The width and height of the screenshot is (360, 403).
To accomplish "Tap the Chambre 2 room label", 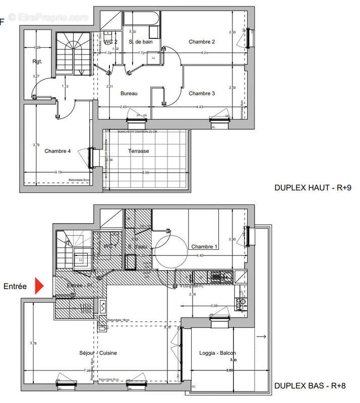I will tap(202, 42).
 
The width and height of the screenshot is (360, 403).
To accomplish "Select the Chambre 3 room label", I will tap(202, 93).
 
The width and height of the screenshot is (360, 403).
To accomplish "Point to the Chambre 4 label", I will tap(57, 151).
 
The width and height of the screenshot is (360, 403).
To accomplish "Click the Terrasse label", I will tap(138, 151).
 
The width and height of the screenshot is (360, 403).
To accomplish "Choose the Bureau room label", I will tap(129, 93).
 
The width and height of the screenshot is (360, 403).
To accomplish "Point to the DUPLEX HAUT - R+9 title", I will tap(312, 187).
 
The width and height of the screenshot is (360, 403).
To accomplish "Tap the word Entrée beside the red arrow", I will tap(15, 286).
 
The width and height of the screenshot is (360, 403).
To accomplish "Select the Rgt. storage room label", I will tap(37, 62).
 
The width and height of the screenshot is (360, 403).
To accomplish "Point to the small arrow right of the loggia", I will tap(261, 337).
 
